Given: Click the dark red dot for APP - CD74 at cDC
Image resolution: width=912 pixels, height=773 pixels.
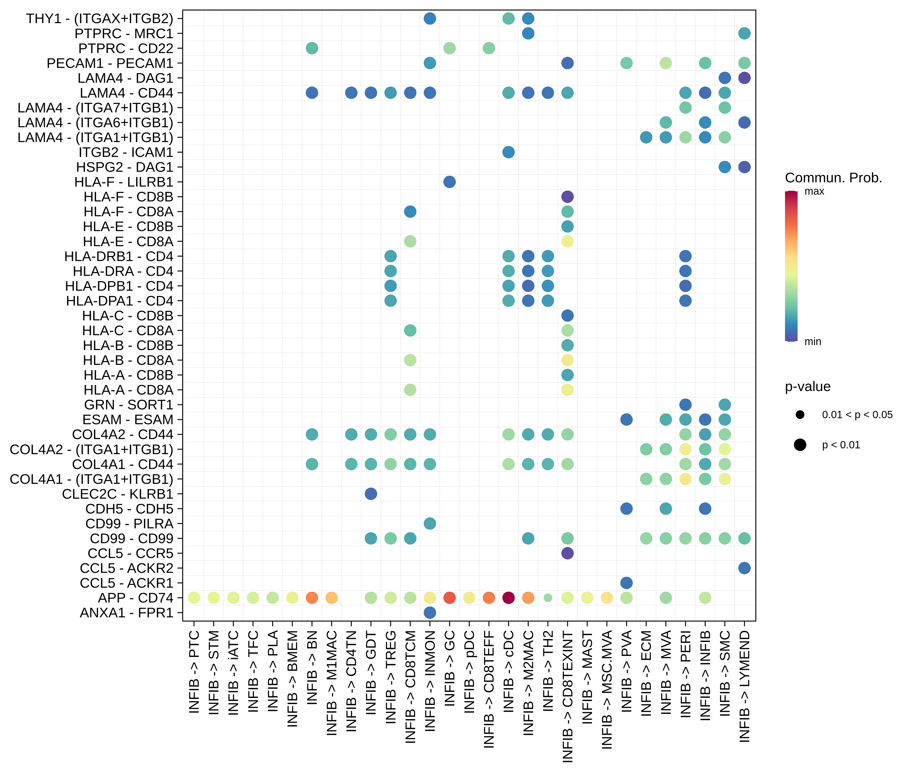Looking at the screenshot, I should coord(508,598).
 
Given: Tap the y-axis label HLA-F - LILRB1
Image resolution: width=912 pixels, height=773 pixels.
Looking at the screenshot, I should coord(124,182).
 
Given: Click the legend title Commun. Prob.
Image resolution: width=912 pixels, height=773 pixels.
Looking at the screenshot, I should coord(833,178).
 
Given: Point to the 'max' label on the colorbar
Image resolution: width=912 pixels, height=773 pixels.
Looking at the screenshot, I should coord(814,192).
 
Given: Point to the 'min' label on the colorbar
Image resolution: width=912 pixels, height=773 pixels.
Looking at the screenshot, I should coord(812,341).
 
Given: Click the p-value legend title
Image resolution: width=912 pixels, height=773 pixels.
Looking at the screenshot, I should coord(808,387).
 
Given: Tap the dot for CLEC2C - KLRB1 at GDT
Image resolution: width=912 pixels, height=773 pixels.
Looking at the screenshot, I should coord(371,494).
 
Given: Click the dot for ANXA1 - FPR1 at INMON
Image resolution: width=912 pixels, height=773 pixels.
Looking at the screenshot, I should coord(430,613).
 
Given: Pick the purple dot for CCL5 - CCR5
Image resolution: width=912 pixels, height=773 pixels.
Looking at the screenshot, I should coord(567,553).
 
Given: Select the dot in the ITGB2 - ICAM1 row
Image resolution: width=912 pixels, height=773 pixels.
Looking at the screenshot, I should coord(508,152).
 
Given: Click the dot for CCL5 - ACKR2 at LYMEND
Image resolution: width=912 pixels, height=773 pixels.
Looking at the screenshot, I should coord(744,568).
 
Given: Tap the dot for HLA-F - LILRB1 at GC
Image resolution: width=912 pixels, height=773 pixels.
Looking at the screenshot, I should coord(449,182).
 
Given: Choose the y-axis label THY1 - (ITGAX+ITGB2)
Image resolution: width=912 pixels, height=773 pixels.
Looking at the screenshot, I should coord(100,18).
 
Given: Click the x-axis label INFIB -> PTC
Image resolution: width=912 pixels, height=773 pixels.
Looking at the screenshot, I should coord(194,671).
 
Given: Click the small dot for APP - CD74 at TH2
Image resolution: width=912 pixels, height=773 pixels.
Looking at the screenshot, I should coord(548,598).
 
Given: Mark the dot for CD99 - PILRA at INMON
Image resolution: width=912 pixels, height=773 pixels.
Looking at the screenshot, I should coord(430,523).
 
